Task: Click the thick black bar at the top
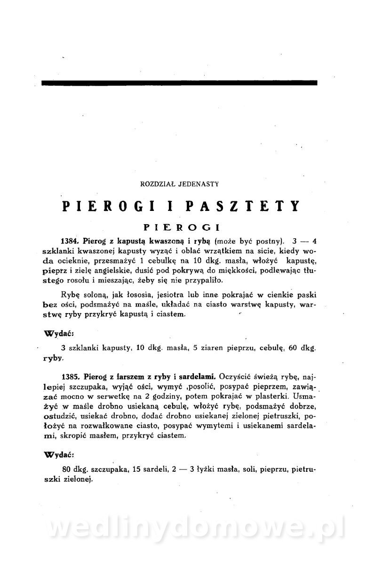point(179,83)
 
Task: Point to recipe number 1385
point(71,376)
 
